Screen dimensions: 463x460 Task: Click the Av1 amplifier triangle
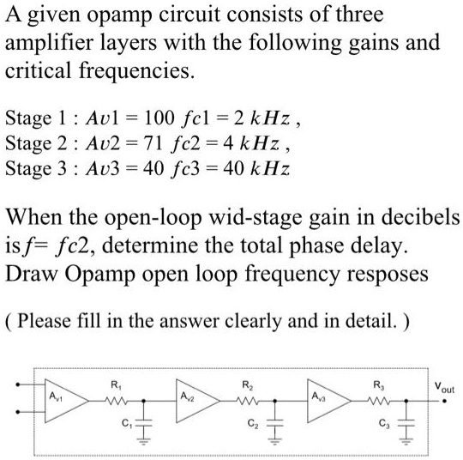(x=66, y=401)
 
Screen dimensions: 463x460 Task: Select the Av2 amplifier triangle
(x=198, y=401)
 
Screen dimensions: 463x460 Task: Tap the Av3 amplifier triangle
(x=329, y=401)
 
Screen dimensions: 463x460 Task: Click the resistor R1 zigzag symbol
(x=116, y=401)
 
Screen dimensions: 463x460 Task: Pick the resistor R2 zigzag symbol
(x=248, y=401)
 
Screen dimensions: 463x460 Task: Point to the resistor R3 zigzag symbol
(x=379, y=401)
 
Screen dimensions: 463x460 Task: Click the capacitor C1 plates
(x=144, y=423)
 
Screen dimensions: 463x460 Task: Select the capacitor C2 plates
(x=275, y=423)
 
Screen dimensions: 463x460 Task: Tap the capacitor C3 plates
(x=406, y=423)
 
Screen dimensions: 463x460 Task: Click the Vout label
(x=444, y=388)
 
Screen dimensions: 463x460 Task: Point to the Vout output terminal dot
(x=444, y=401)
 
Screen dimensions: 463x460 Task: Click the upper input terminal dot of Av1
(x=18, y=384)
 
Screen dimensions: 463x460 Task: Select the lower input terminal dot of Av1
(x=18, y=412)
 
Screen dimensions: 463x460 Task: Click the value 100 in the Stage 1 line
(x=159, y=118)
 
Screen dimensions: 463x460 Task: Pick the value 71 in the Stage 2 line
(x=153, y=143)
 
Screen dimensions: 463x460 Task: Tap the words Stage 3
(x=36, y=169)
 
